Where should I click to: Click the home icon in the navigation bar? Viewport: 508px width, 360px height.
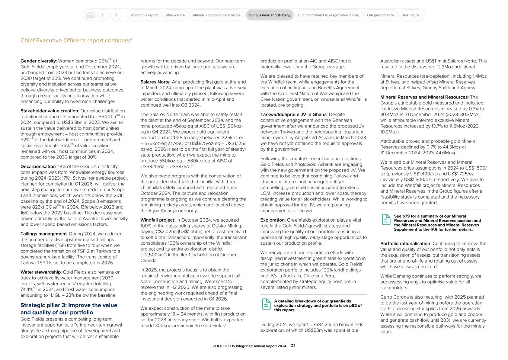tap(90, 15)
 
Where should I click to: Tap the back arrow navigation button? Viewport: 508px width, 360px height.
tap(103, 15)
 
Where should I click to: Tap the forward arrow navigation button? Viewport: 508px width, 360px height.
tap(116, 15)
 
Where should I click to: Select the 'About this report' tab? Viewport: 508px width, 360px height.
tap(144, 15)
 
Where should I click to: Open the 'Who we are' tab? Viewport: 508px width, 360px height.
tap(175, 15)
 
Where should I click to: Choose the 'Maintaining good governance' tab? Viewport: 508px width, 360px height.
tap(217, 15)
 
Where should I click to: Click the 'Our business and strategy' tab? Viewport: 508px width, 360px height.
tap(269, 15)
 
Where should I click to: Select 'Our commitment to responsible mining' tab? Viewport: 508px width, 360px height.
tap(328, 15)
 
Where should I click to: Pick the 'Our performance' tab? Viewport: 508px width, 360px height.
tap(380, 15)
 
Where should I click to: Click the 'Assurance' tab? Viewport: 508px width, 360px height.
tap(411, 15)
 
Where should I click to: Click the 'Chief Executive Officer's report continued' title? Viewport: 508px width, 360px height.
tap(76, 41)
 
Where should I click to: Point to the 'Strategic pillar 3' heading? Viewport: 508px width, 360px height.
tap(69, 309)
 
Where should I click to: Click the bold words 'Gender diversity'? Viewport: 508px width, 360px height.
tap(38, 61)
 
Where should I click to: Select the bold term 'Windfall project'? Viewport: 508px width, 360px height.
tap(157, 220)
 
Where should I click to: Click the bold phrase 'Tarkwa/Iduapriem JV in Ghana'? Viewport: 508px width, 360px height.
tap(293, 115)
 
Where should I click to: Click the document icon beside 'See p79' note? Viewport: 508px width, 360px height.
tap(386, 219)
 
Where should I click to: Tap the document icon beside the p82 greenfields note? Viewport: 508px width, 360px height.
tap(266, 304)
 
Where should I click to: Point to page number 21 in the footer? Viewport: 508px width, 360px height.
tap(293, 346)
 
